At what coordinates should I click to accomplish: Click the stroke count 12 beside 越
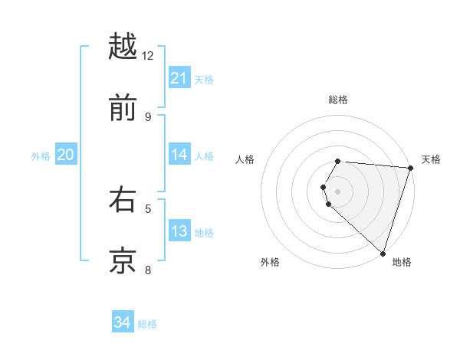(148, 55)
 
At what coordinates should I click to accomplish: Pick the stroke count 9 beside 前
(148, 116)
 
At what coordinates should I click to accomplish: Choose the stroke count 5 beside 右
(148, 208)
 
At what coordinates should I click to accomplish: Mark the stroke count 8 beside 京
(148, 269)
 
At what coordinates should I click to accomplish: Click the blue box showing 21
(179, 78)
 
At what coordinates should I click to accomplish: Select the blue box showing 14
(179, 155)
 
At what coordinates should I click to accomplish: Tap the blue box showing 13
(179, 231)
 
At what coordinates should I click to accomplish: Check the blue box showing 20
(66, 155)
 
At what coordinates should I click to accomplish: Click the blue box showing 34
(123, 322)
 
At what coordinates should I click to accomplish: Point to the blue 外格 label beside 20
(41, 156)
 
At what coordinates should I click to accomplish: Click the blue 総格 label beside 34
(147, 324)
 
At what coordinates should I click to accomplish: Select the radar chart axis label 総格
(337, 100)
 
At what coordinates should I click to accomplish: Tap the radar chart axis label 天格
(431, 159)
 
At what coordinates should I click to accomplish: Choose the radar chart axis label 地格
(402, 262)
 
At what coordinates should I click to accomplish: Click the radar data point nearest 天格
(410, 168)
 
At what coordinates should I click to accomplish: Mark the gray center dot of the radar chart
(337, 191)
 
